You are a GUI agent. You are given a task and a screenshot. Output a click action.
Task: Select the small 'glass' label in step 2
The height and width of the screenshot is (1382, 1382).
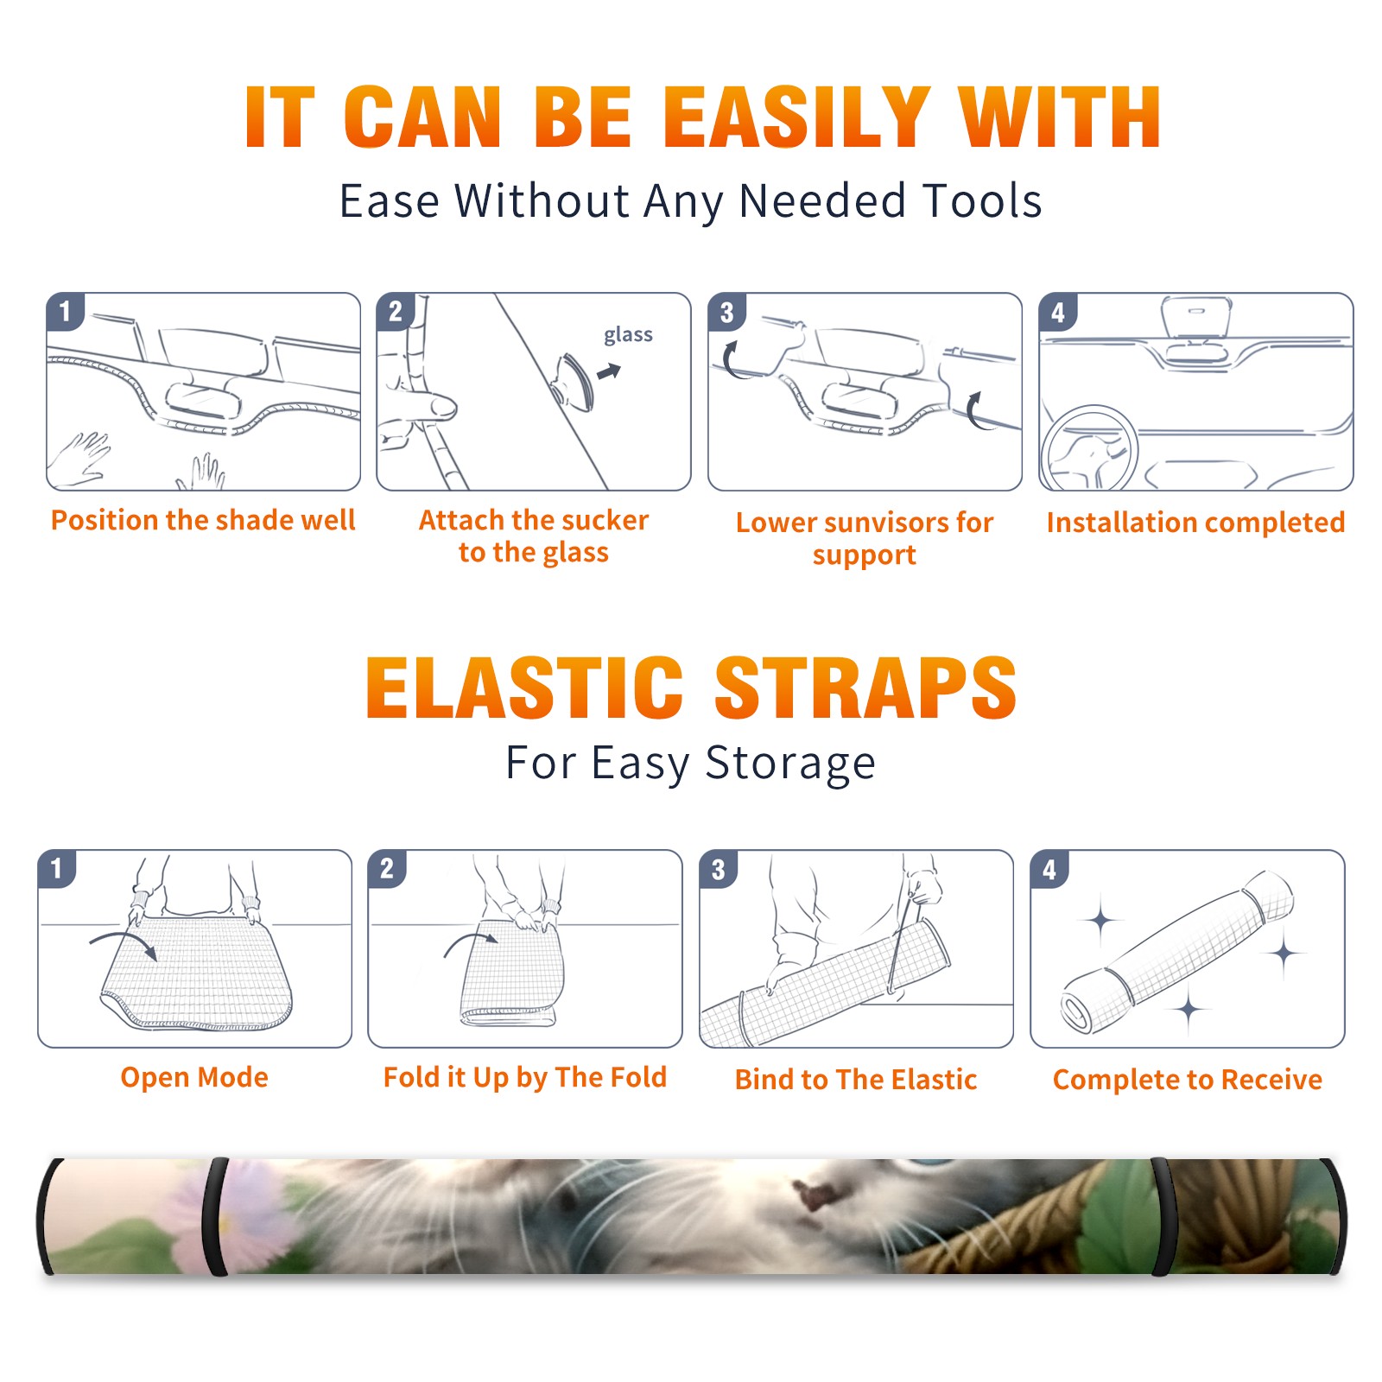628,335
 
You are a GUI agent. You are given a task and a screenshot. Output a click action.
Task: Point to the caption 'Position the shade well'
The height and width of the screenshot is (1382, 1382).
203,520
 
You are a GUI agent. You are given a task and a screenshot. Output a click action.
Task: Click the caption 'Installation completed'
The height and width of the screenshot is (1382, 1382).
1195,523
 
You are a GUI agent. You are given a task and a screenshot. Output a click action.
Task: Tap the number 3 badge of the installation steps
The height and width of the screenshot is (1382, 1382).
726,313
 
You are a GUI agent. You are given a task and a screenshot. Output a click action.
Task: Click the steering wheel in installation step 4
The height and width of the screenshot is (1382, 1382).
1088,449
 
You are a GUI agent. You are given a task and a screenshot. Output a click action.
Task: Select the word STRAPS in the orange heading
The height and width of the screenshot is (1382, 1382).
865,688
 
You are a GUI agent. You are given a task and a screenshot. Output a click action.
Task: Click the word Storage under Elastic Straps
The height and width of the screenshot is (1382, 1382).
790,764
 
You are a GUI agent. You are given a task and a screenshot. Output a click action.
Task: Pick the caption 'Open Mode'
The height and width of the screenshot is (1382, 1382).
194,1077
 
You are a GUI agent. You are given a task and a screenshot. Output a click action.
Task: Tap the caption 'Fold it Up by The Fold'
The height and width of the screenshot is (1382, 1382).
525,1077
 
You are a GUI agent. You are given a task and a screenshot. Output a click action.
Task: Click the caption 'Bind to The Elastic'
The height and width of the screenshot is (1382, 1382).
856,1080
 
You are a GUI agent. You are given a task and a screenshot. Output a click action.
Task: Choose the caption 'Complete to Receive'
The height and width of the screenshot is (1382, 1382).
1188,1080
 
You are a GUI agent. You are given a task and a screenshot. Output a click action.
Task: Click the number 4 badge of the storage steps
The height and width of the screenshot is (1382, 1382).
1049,869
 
